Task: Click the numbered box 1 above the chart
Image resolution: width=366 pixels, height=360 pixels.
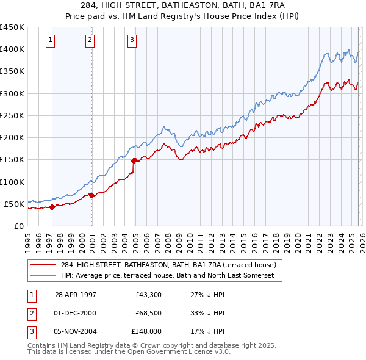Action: [50, 41]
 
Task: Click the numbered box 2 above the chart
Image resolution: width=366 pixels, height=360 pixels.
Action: [90, 41]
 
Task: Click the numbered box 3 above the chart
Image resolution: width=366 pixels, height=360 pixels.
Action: [132, 41]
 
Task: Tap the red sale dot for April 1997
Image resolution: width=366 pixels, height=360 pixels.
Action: [52, 206]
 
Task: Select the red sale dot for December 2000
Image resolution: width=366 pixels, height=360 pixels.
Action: [91, 195]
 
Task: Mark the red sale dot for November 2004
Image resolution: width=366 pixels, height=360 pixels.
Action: [134, 160]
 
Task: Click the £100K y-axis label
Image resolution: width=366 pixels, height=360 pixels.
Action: [12, 182]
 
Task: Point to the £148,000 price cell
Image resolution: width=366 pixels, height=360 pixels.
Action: [146, 332]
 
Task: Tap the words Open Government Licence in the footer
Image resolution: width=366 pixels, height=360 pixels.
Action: [168, 352]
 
